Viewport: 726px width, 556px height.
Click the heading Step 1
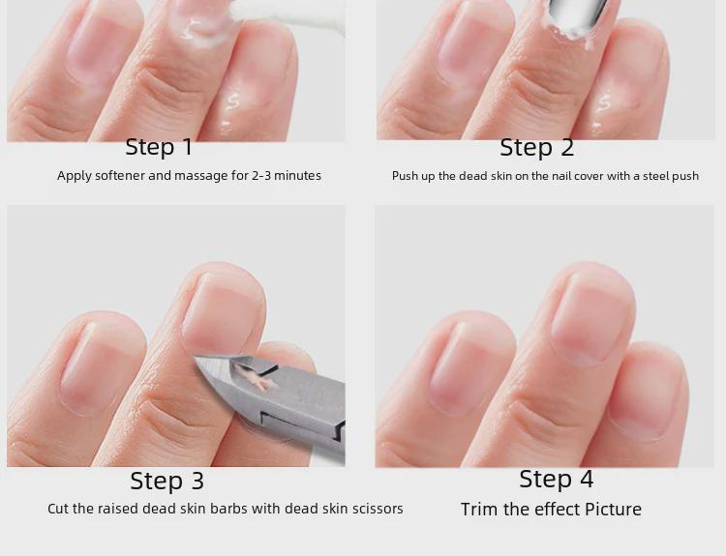pos(159,147)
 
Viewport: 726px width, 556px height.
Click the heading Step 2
pos(536,148)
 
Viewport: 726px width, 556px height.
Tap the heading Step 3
pos(166,481)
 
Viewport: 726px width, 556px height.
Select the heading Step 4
pos(556,479)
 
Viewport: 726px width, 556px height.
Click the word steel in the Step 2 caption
pos(654,176)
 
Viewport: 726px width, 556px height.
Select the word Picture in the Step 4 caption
pos(613,510)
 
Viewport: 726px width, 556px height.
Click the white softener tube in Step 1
pos(287,16)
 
